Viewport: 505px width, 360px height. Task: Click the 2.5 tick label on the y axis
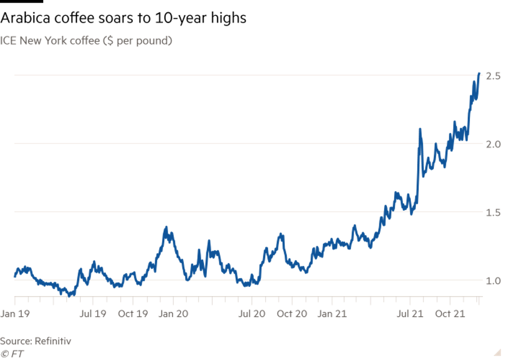(493, 76)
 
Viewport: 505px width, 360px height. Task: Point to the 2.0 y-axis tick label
(493, 144)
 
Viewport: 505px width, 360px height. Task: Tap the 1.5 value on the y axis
(493, 212)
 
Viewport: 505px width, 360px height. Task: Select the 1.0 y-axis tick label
(493, 281)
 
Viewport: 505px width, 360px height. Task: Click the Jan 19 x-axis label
(13, 313)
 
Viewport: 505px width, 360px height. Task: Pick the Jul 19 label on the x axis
(93, 313)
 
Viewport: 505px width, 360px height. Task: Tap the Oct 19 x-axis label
(133, 313)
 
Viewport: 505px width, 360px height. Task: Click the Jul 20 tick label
(252, 313)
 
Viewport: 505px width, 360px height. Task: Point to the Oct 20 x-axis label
(292, 313)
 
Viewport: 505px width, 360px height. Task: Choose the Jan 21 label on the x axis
(332, 313)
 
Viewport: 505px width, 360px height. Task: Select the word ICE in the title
(8, 41)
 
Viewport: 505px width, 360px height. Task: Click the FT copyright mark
(12, 353)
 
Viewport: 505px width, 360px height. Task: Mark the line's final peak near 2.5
(479, 74)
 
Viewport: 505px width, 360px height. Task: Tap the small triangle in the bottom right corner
(497, 352)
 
